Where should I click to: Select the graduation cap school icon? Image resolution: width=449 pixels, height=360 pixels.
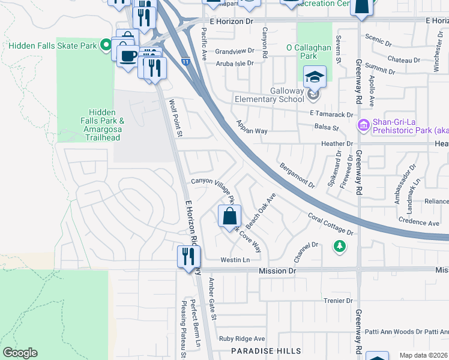[x=315, y=77]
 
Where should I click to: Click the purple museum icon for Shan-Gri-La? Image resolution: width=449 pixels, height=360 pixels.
[x=363, y=125]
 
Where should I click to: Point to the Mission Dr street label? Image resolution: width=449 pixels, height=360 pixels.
[x=277, y=271]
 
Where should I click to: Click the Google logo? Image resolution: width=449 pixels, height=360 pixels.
[x=20, y=353]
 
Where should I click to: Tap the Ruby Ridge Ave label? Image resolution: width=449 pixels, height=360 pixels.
[x=241, y=338]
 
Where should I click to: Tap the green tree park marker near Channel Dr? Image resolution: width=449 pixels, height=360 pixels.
[x=340, y=246]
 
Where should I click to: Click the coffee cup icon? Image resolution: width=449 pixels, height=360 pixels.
[x=127, y=56]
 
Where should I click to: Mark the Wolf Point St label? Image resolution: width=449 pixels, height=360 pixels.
[x=175, y=118]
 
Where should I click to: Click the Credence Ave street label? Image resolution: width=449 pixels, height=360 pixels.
[x=419, y=221]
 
